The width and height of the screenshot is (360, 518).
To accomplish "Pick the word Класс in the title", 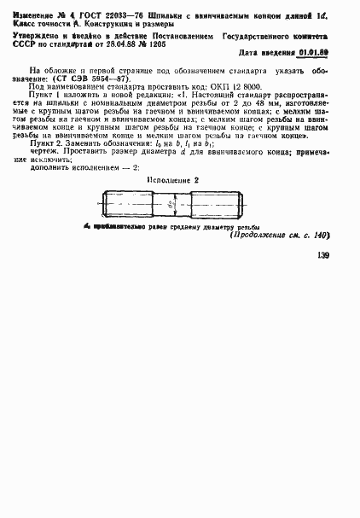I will click(40, 24).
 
